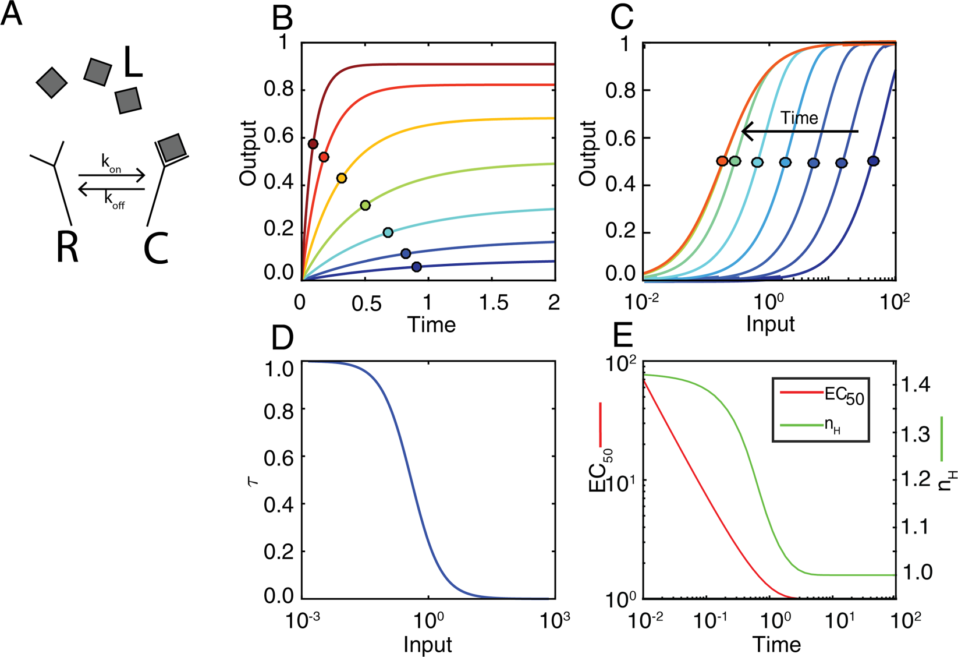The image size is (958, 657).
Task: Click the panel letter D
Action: [282, 338]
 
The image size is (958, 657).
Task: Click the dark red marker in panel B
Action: [313, 144]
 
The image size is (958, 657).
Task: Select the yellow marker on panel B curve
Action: [342, 178]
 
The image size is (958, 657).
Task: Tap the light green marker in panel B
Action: [366, 205]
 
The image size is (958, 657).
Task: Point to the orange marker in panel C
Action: [722, 161]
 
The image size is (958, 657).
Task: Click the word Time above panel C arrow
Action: [799, 118]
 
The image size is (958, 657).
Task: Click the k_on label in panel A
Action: [111, 163]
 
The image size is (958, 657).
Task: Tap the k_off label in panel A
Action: [114, 200]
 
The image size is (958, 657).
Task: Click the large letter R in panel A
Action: [67, 247]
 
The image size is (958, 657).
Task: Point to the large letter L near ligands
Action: [133, 62]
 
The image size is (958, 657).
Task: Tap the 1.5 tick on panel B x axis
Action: [494, 302]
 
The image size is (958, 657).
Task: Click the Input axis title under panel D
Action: [428, 645]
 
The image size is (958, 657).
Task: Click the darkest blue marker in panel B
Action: [416, 267]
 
